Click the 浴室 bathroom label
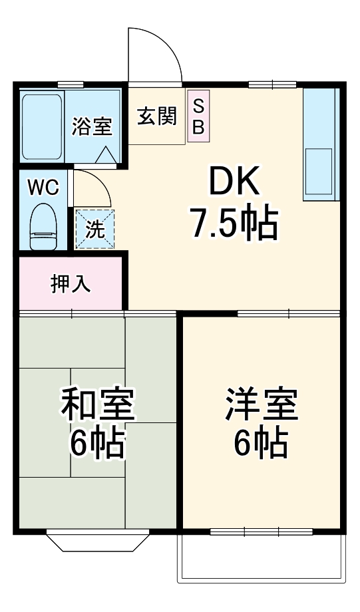coord(92,126)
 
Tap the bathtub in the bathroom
coord(42,126)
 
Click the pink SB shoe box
coord(198,116)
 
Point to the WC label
coord(43,187)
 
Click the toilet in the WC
coord(45,226)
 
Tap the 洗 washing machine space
coord(94,230)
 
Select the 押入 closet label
coord(71,284)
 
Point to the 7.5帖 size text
coord(234,225)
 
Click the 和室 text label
coord(98,404)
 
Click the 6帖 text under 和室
coord(98,444)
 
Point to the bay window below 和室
coord(96,541)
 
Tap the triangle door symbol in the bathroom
coord(104,156)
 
